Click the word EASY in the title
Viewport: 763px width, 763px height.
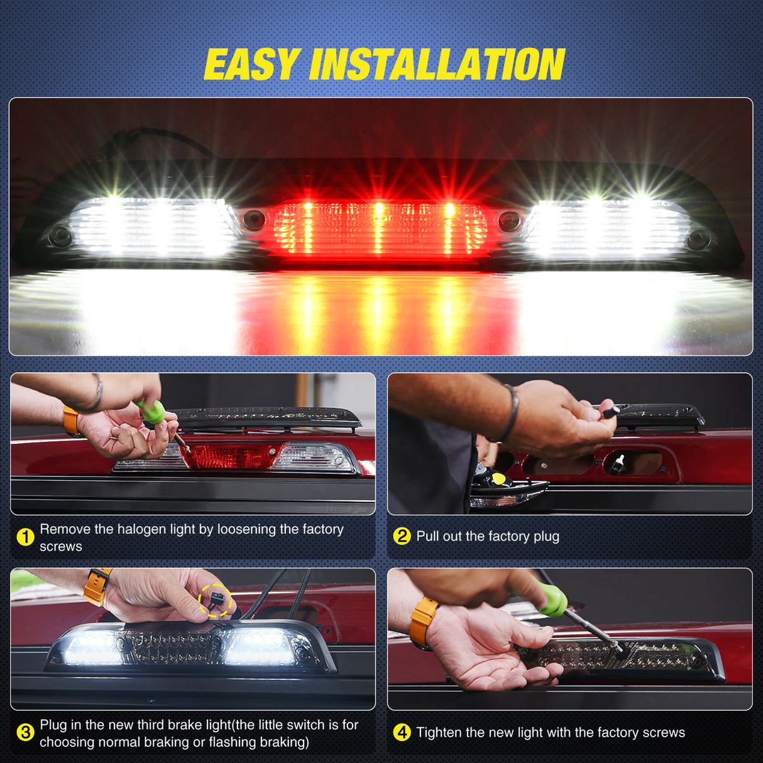pyautogui.click(x=251, y=65)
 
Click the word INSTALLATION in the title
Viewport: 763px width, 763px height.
pyautogui.click(x=437, y=65)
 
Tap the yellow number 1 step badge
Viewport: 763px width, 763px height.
pyautogui.click(x=25, y=537)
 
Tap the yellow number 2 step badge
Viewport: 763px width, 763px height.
pyautogui.click(x=402, y=536)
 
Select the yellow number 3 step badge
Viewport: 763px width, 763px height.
pyautogui.click(x=25, y=733)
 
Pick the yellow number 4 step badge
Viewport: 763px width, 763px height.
pyautogui.click(x=402, y=732)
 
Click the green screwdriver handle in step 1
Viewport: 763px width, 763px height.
pyautogui.click(x=152, y=412)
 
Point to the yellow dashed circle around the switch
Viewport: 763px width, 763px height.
pyautogui.click(x=216, y=600)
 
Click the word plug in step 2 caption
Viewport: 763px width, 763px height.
pyautogui.click(x=546, y=536)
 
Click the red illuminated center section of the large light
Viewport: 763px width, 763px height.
pyautogui.click(x=380, y=229)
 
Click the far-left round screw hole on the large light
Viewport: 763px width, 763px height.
pyautogui.click(x=61, y=236)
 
